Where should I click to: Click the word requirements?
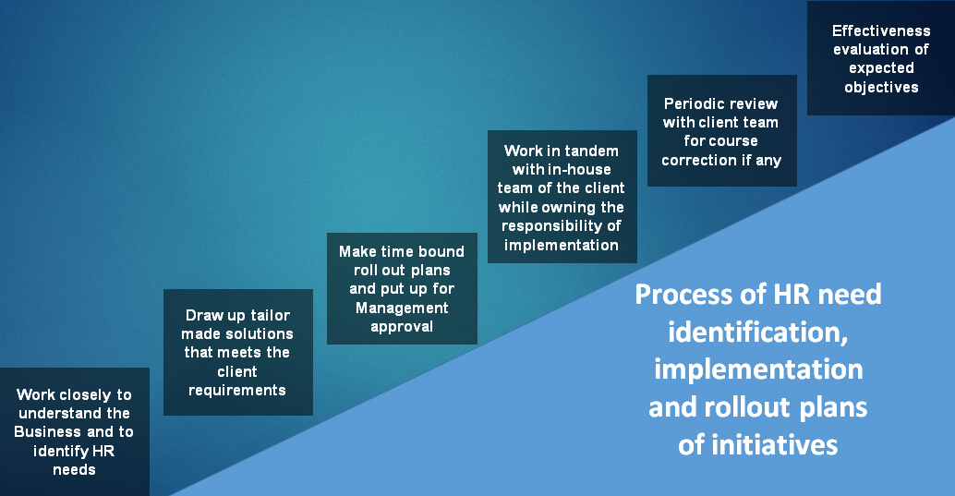pos(237,391)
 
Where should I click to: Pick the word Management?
pos(402,308)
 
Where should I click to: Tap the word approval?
pos(402,327)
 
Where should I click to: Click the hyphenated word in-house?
pos(579,169)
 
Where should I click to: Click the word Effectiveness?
pos(881,30)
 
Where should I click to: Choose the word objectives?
pos(881,88)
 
